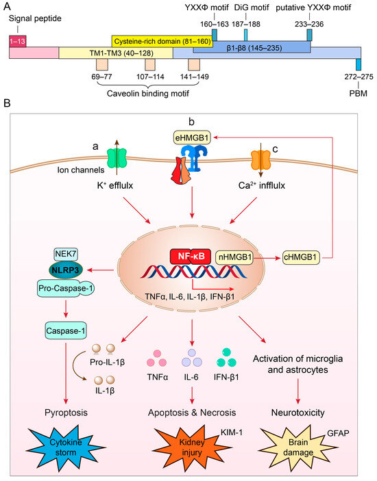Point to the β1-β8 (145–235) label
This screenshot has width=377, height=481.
pyautogui.click(x=251, y=50)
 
